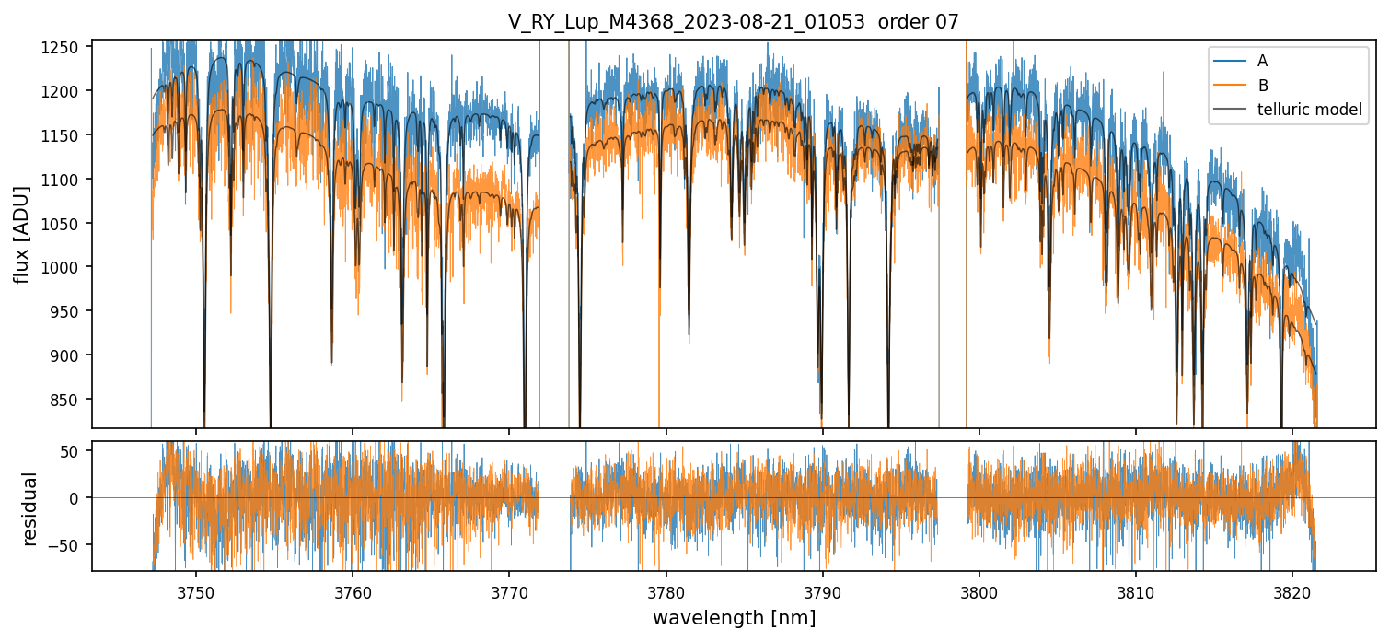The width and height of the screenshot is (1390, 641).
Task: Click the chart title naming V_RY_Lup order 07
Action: (733, 22)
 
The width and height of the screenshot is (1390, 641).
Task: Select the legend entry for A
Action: (1262, 61)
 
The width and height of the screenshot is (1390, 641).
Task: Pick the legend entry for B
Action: (1262, 86)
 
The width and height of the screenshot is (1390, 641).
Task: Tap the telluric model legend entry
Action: (1309, 111)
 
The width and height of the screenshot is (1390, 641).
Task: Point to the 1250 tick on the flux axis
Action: (67, 47)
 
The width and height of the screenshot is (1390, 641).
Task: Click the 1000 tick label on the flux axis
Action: (67, 267)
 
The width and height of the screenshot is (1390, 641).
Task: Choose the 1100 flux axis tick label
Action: (67, 180)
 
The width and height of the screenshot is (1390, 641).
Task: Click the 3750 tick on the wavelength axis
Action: (195, 589)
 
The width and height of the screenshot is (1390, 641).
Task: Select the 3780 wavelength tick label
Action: (666, 589)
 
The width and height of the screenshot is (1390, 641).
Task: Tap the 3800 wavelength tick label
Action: (979, 589)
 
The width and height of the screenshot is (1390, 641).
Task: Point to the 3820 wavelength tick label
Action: (1292, 589)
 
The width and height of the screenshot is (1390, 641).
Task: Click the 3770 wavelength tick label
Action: (509, 589)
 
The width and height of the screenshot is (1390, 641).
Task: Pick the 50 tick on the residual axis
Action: (75, 451)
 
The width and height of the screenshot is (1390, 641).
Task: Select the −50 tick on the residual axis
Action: (71, 544)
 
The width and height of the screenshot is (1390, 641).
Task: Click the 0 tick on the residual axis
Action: (78, 498)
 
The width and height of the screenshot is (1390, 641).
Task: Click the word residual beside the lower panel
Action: (30, 508)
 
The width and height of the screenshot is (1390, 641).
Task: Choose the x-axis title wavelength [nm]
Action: (734, 618)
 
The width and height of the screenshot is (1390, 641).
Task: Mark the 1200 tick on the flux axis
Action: (67, 91)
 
